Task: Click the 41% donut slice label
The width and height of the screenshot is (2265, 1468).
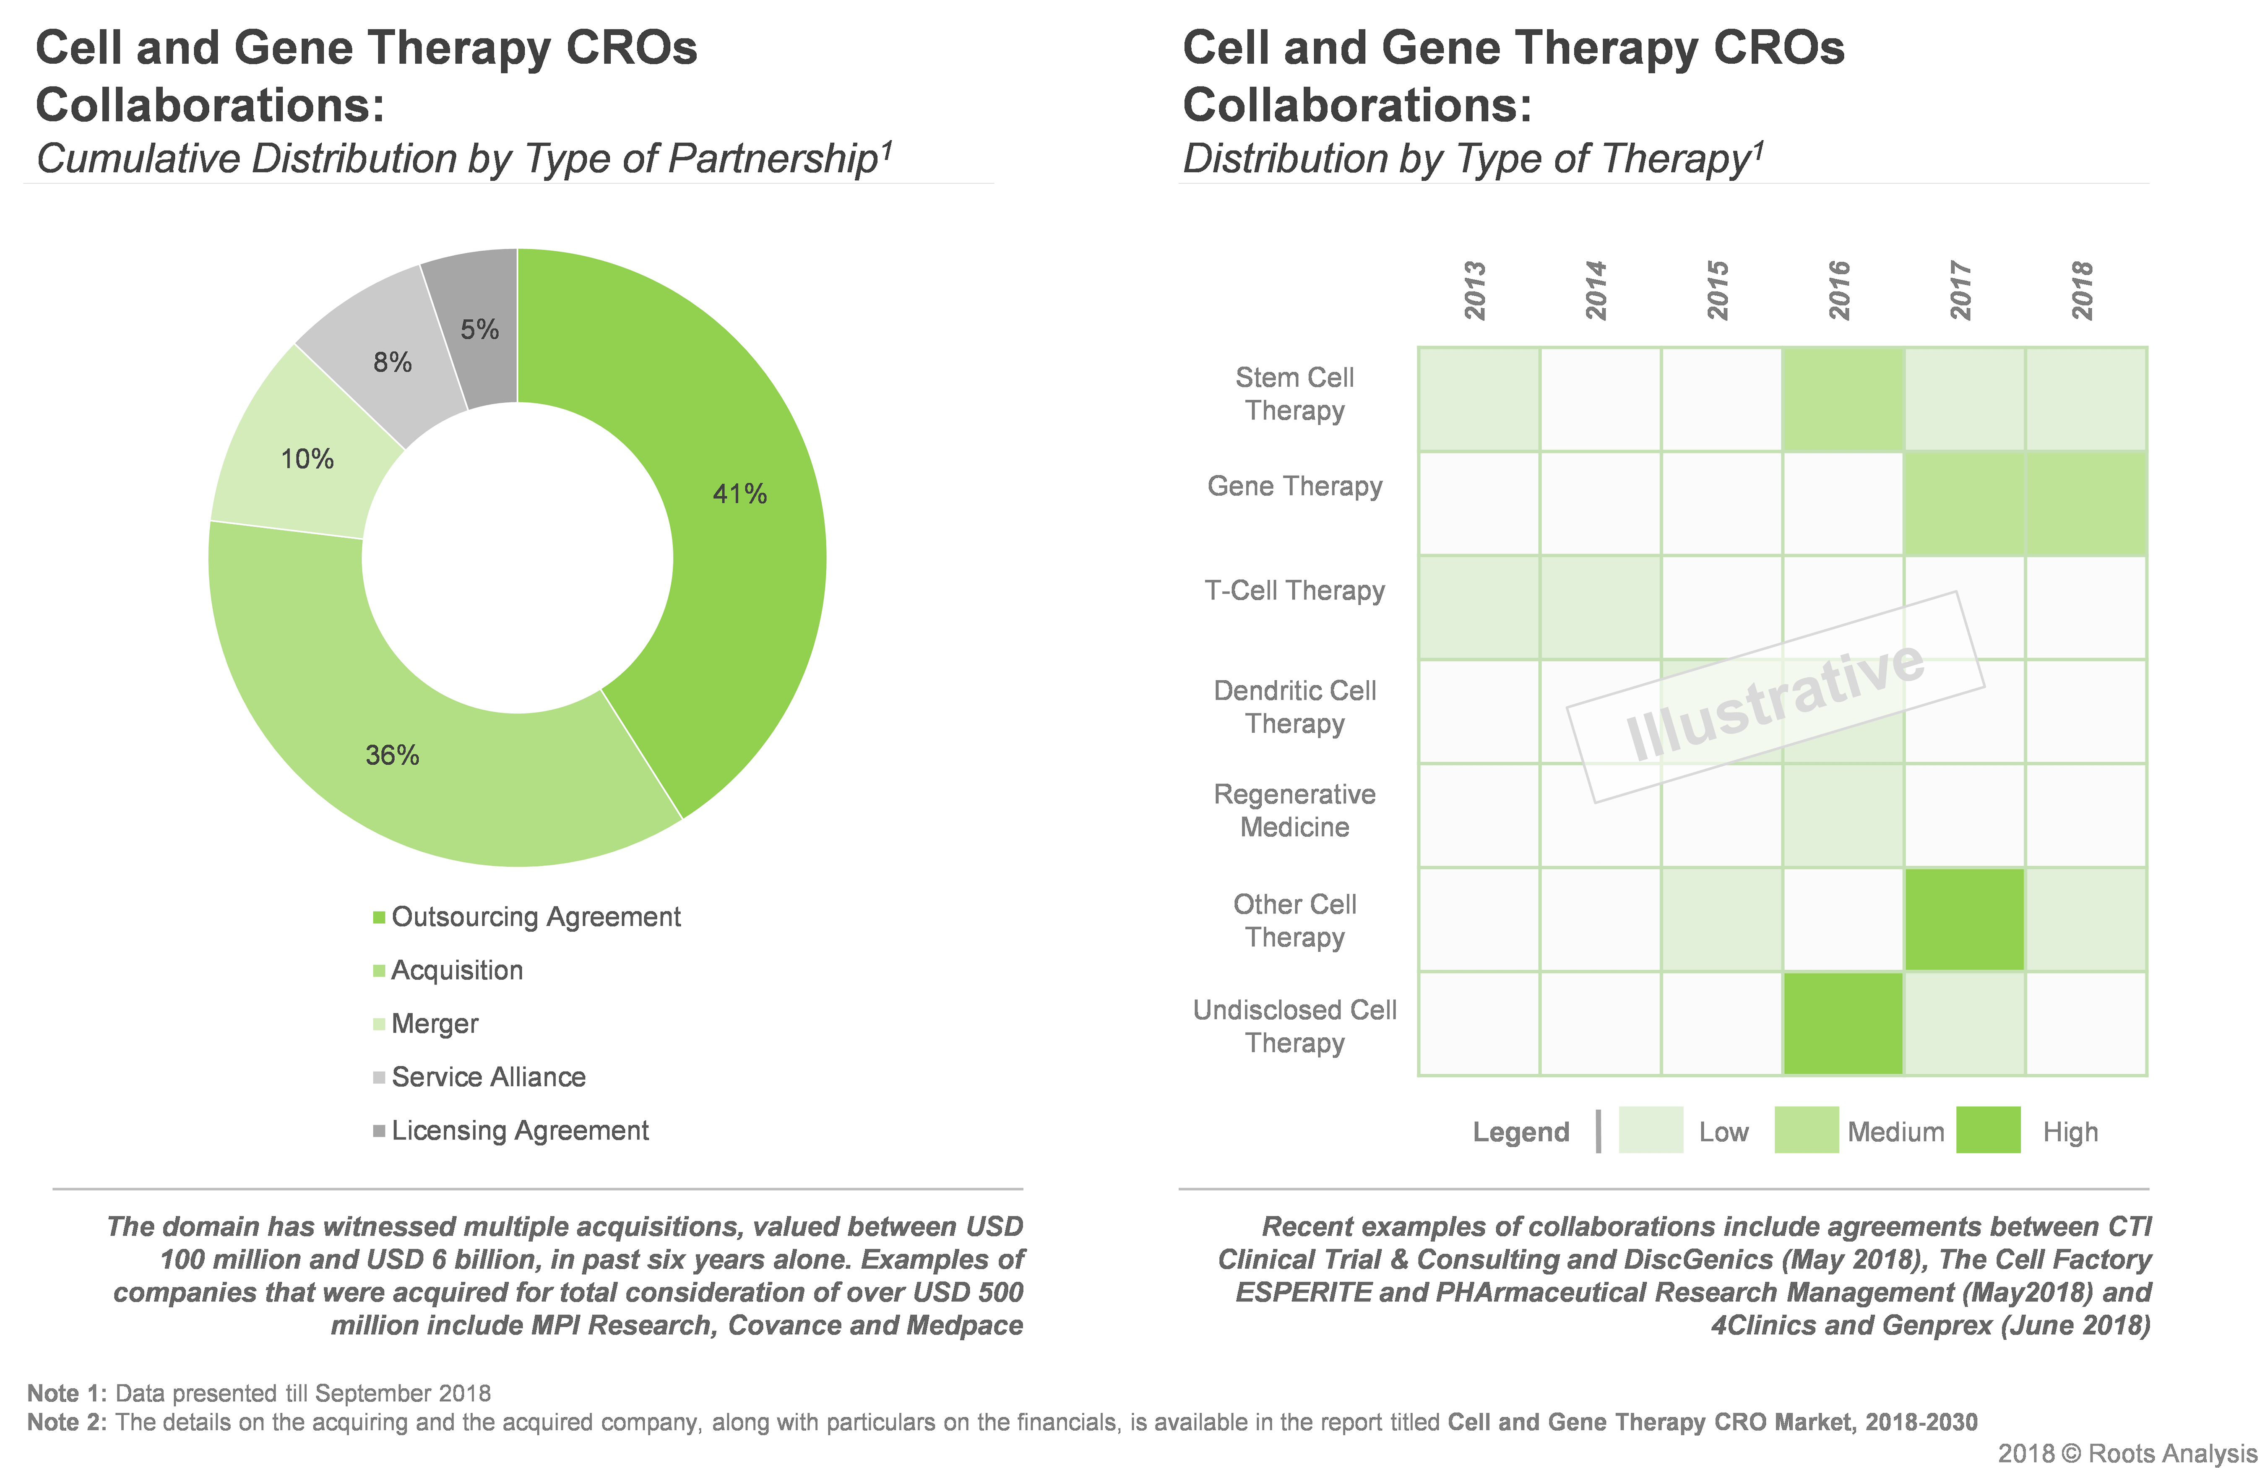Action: (x=739, y=494)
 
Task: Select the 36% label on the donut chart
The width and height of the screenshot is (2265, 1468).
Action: (x=392, y=755)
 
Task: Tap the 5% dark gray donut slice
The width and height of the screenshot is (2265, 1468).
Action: (x=479, y=329)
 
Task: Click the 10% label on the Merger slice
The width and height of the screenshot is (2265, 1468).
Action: (x=307, y=460)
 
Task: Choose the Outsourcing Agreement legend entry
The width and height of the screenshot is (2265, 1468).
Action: (x=535, y=917)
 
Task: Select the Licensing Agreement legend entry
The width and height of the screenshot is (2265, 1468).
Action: (x=519, y=1130)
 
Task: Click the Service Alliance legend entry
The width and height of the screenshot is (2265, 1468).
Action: (x=487, y=1077)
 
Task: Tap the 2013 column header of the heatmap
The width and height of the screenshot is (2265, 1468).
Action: (x=1475, y=290)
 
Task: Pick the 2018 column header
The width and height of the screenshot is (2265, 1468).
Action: (x=2082, y=290)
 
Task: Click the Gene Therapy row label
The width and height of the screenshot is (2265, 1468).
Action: (x=1294, y=486)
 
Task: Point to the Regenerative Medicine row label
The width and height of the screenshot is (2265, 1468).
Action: (x=1294, y=811)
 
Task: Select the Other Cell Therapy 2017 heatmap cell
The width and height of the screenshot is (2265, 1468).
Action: (x=1964, y=919)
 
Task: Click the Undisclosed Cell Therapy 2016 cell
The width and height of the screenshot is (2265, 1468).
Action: (x=1843, y=1024)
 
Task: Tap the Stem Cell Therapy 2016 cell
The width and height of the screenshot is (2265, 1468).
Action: (x=1843, y=398)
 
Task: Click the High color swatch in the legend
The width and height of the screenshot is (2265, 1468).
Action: (x=1988, y=1130)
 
